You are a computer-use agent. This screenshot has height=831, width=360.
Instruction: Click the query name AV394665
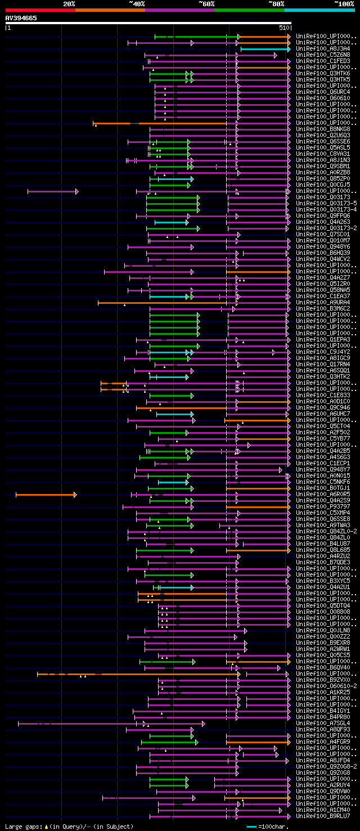21,18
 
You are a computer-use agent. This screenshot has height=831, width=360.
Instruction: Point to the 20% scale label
69,4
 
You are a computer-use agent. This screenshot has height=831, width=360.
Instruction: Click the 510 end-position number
283,27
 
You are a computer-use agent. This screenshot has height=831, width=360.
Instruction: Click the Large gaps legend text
69,826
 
